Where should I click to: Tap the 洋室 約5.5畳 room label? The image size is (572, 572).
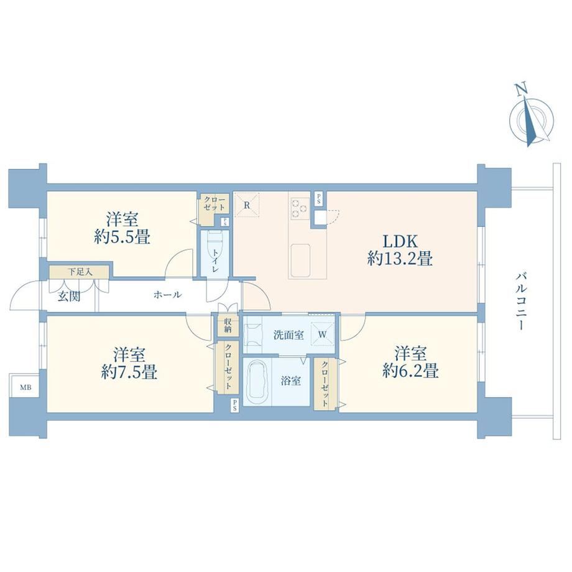[x=122, y=228]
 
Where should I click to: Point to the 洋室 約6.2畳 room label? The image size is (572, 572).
[x=410, y=361]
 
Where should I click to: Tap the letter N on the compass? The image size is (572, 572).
[x=521, y=89]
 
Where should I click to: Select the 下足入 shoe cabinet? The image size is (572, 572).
[x=79, y=272]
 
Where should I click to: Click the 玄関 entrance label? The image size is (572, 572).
[x=69, y=297]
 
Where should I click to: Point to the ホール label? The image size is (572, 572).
[x=167, y=295]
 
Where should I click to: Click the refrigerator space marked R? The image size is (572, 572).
[x=247, y=205]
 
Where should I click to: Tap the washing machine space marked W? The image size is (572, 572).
[x=323, y=334]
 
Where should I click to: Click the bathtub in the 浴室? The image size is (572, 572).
[x=259, y=382]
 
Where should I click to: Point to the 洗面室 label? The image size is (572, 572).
[x=288, y=335]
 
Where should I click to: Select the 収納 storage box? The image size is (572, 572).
[x=228, y=326]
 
